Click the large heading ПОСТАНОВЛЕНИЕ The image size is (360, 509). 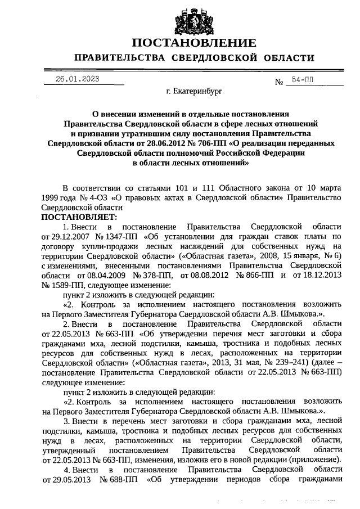click(x=194, y=43)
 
